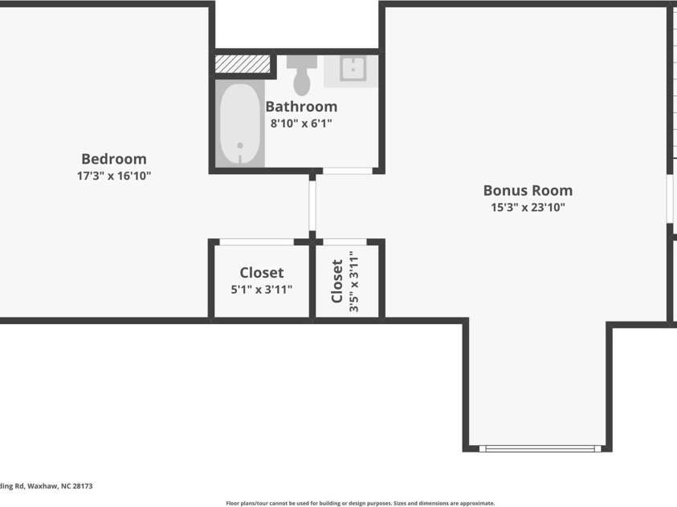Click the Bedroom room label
click(113, 159)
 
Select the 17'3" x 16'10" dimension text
click(113, 176)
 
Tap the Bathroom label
click(301, 107)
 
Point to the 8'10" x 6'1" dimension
click(301, 124)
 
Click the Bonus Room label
click(528, 191)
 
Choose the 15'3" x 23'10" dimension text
click(528, 208)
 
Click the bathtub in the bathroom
click(239, 124)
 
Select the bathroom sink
click(352, 70)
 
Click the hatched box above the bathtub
click(243, 63)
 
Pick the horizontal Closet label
click(261, 274)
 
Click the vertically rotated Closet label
click(337, 280)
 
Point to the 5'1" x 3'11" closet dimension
click(261, 290)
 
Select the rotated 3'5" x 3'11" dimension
click(353, 280)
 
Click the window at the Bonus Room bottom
click(540, 448)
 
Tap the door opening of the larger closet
click(256, 241)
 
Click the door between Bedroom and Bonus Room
click(312, 205)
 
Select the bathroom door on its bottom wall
click(347, 171)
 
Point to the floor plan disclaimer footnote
click(360, 503)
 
